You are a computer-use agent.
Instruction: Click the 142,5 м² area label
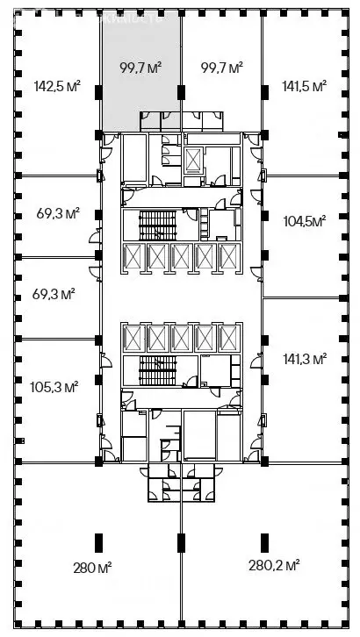coord(57,86)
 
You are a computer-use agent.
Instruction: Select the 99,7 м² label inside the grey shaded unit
coord(140,67)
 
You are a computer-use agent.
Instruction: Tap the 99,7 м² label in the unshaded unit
coord(221,67)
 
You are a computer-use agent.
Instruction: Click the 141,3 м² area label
coord(305,358)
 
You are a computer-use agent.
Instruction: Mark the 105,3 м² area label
coord(57,385)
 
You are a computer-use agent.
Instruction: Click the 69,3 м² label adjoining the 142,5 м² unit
coord(58,213)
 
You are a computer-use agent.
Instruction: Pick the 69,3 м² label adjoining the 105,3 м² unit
coord(58,295)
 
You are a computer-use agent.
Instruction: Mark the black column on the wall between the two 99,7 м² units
coord(181,92)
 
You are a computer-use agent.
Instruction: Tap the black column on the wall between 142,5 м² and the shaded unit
coord(99,92)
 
